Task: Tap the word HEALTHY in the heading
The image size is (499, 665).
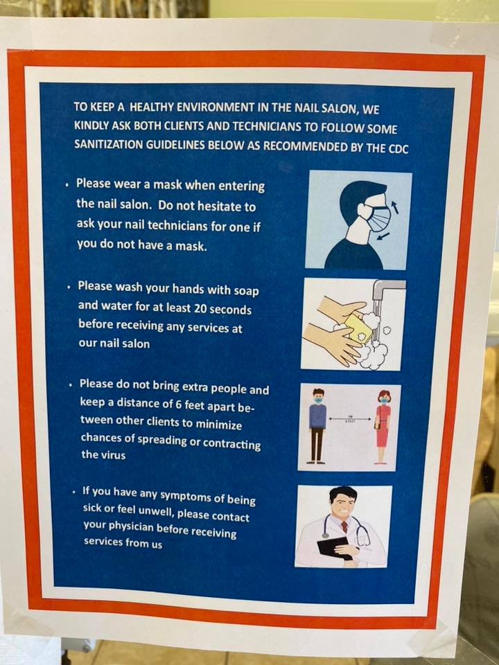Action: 152,107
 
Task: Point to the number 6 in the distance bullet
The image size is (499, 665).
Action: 179,404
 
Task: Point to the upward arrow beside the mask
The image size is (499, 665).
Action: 395,207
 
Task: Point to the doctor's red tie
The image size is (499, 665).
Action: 344,526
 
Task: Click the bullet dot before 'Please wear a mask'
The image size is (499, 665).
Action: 67,185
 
